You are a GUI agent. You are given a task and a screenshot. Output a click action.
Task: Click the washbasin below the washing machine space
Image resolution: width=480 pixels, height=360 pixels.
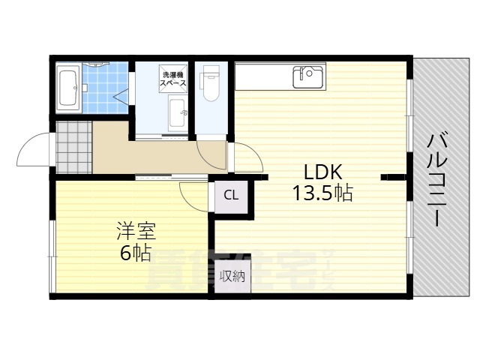coord(178,116)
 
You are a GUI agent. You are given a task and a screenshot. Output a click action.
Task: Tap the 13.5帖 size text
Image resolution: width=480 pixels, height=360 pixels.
coord(322,193)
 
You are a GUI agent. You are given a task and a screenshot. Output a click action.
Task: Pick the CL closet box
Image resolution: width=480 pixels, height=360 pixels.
coord(232,196)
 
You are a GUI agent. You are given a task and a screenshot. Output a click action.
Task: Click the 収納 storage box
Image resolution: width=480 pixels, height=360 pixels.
coord(232,277)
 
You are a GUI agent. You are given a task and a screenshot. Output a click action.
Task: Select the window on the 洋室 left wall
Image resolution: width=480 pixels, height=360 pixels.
coord(52,255)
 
